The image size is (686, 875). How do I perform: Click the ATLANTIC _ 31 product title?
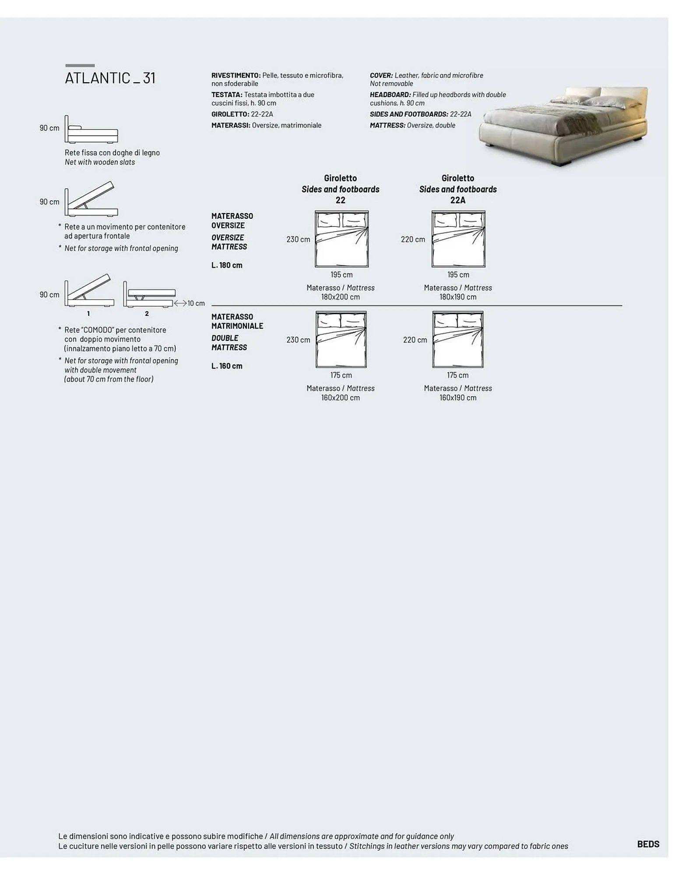(110, 78)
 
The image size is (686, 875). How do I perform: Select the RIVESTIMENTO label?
(236, 75)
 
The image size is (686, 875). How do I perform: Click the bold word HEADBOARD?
(390, 94)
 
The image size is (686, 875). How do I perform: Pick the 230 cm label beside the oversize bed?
(298, 239)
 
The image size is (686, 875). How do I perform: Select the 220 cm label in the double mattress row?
(415, 340)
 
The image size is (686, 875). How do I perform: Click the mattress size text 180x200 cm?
(341, 297)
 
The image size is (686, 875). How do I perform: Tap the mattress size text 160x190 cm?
(458, 398)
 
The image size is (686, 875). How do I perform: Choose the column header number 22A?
(458, 200)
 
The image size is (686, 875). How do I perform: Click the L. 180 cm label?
(227, 265)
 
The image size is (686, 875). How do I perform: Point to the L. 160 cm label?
(227, 366)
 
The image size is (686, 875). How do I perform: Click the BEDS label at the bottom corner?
(648, 844)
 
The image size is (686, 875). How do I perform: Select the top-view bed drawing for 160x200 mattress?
(341, 339)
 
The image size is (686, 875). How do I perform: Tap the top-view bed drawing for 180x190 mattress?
(458, 239)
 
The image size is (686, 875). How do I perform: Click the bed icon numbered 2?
(149, 294)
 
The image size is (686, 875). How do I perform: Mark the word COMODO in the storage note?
(98, 330)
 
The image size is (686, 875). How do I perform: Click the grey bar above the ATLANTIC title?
(80, 66)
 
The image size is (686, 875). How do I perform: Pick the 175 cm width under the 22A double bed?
(458, 375)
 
